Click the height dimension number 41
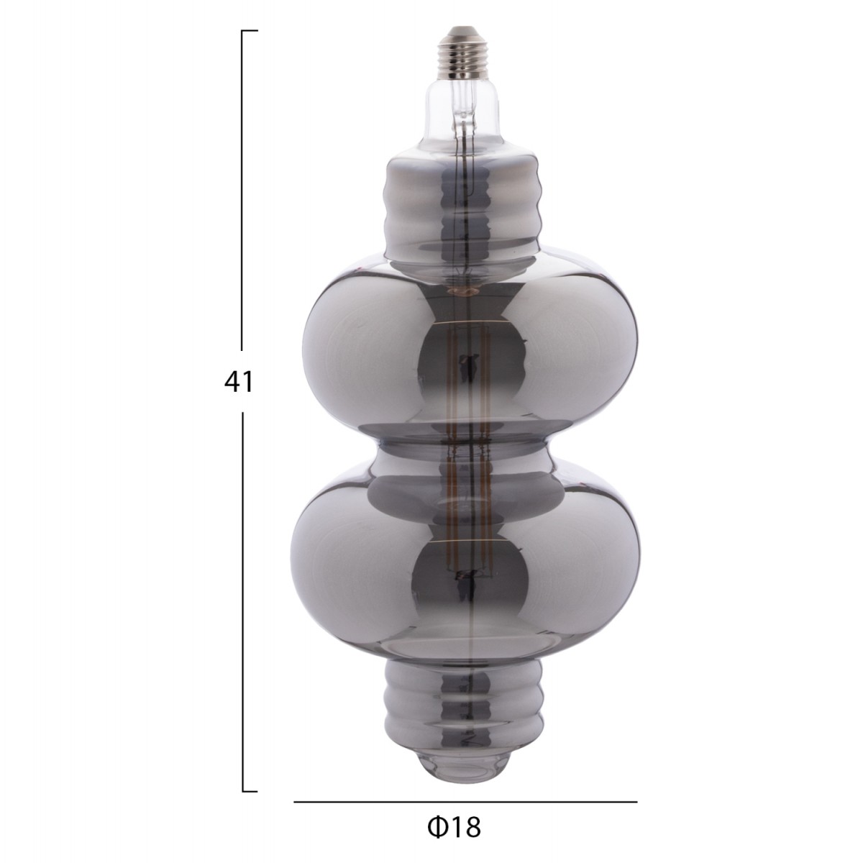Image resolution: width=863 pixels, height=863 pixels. (239, 383)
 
